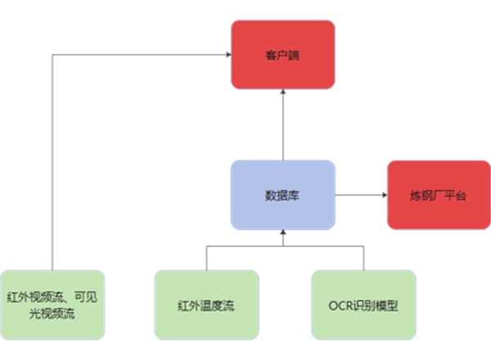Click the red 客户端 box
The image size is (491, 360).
[282, 54]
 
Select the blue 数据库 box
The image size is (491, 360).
[282, 195]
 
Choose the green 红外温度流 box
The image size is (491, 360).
[206, 304]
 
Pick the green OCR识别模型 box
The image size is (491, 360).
[363, 304]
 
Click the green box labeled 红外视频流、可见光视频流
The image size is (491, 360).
[52, 304]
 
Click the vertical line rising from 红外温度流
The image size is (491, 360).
[206, 258]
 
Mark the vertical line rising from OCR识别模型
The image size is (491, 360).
[363, 258]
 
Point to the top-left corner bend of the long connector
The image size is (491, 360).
[52, 55]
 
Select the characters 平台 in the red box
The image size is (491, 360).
[454, 196]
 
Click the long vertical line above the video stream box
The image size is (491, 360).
[52, 164]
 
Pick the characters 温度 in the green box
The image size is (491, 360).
[206, 305]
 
